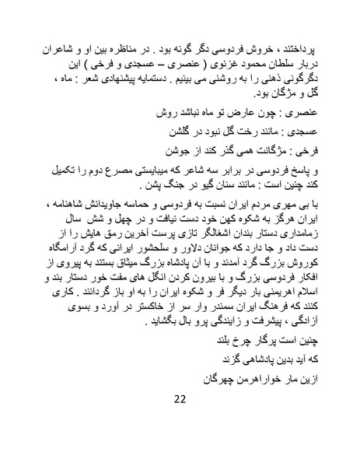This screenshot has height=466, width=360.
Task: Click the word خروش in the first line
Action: pos(279,47)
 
